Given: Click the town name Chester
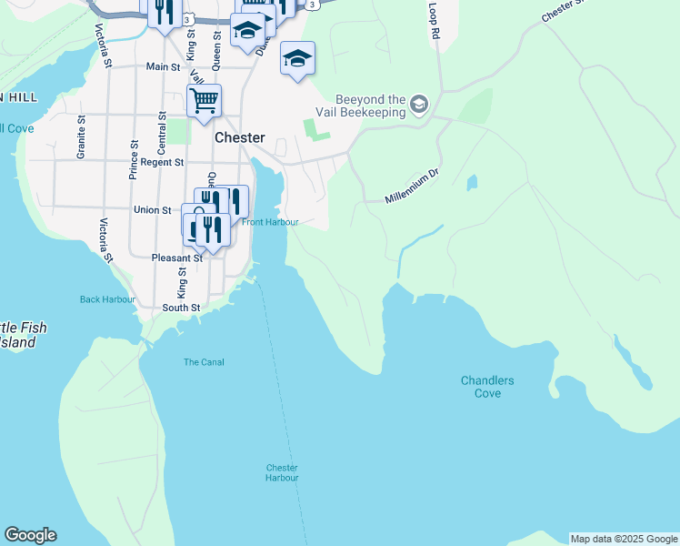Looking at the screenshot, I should coord(240,137).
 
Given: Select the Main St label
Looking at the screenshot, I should coord(163,66).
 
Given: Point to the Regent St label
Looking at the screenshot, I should coord(165,162).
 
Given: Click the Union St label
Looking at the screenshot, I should coord(153,210).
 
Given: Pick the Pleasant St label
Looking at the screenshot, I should coord(176,258).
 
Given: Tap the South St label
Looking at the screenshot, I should coord(181,308).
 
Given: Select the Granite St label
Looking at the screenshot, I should coord(82,137).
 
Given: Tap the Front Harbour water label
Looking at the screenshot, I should coord(270,221).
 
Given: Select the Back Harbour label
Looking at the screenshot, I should coord(107,299).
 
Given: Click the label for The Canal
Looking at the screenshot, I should coord(204,362).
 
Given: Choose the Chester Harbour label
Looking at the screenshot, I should coord(282,472).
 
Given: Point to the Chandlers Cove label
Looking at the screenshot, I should coord(487,387).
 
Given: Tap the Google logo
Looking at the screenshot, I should coord(30,535).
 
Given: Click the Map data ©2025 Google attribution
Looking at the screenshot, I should coord(623,539).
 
